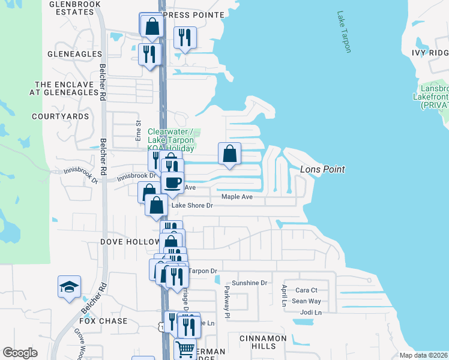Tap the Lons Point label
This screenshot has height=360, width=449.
[322, 170]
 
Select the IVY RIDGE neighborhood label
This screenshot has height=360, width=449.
[430, 53]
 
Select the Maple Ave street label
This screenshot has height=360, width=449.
[237, 197]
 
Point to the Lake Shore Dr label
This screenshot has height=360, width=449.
[193, 205]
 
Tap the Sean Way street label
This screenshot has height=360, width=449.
[307, 301]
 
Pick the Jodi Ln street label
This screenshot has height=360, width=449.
[311, 313]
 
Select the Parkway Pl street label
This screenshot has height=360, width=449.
[227, 302]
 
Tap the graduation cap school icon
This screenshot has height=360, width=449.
[68, 286]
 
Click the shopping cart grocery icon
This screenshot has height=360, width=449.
[185, 348]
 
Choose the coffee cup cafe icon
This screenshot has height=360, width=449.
[172, 181]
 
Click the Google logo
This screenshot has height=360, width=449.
[20, 353]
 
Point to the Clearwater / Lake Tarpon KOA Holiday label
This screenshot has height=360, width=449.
[171, 140]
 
